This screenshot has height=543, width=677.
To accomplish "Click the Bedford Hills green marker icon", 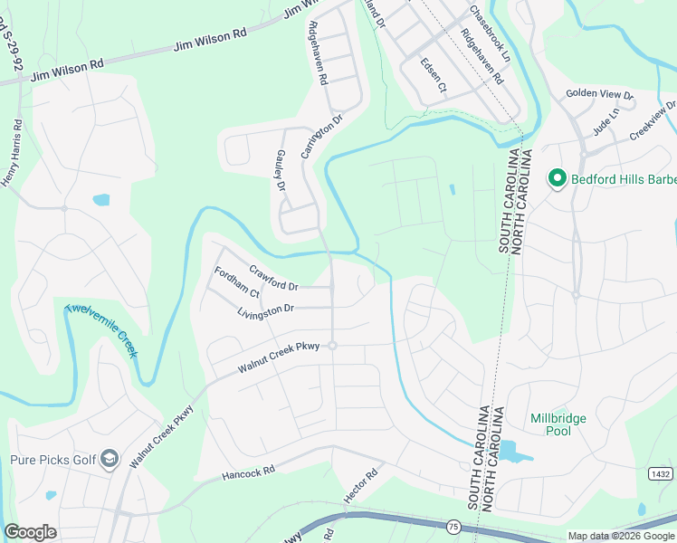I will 557,179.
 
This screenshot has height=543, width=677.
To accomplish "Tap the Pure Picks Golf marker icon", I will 110,460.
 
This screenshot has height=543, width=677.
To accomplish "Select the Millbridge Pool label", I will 558,424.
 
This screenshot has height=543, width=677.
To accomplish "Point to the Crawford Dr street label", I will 273,278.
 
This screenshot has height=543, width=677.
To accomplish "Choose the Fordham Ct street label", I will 236,282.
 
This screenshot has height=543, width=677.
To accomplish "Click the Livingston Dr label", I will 265,310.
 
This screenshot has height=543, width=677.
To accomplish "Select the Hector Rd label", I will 359,487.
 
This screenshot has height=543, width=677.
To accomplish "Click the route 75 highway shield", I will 452,525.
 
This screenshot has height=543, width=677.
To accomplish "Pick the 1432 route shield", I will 660,473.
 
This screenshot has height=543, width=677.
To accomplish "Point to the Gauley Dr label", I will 279,172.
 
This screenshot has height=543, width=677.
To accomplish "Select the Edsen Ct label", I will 434,75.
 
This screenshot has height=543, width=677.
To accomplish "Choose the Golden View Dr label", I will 600,94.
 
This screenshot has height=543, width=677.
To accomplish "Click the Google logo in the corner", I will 30,532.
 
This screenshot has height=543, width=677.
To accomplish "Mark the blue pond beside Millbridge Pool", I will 510,450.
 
